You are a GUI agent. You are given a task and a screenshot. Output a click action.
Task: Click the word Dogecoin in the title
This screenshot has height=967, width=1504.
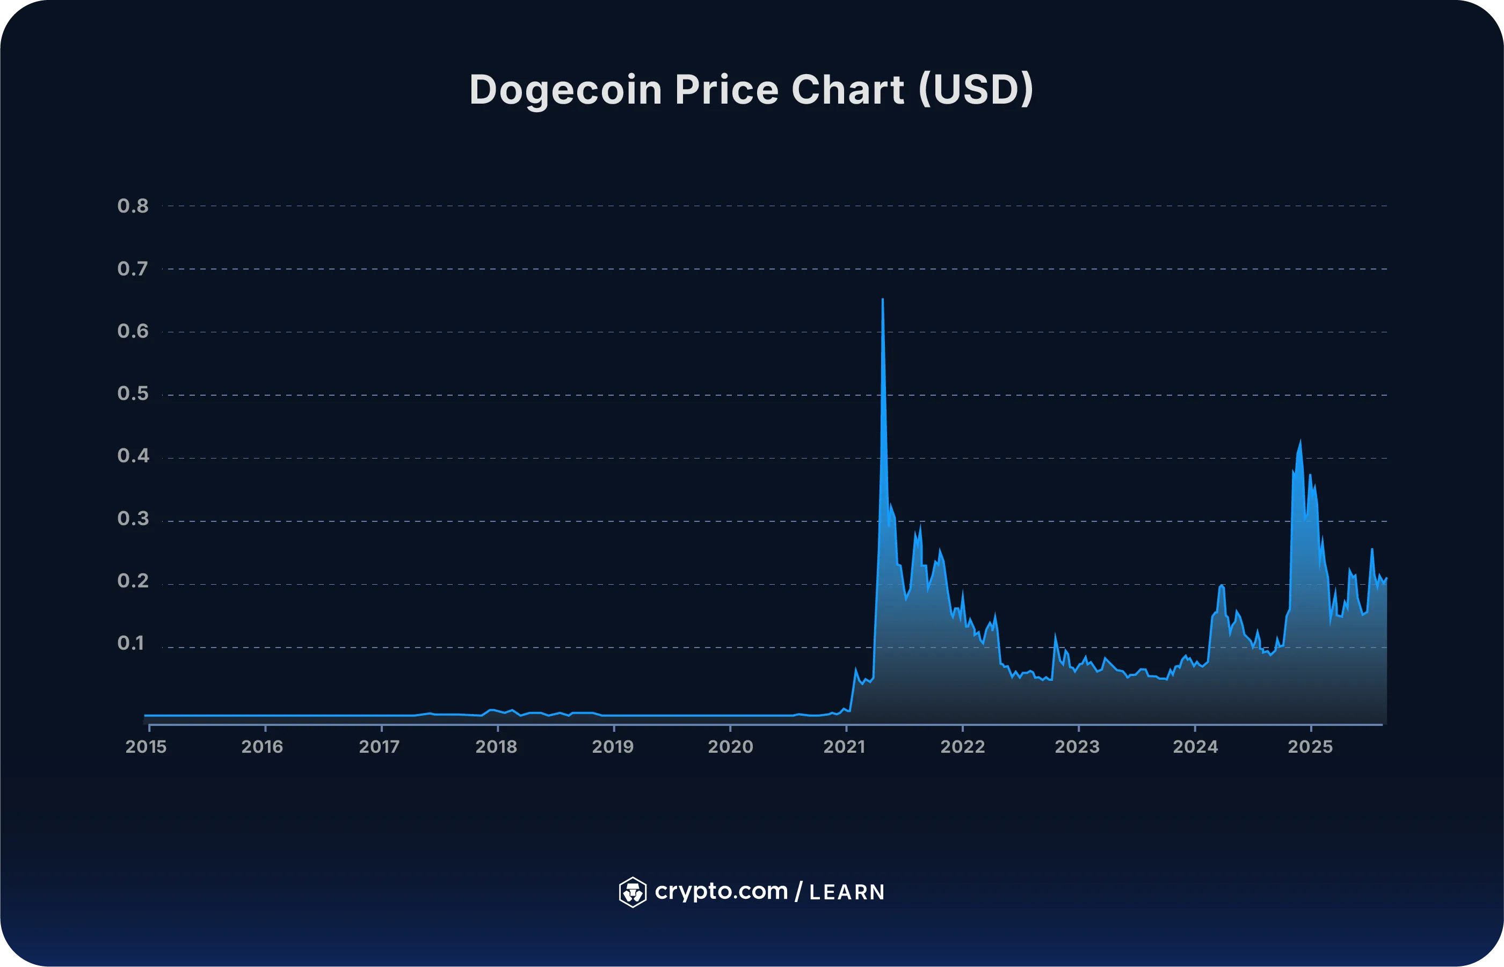pyautogui.click(x=565, y=90)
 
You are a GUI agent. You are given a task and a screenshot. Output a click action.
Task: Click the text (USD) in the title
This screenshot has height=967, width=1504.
pyautogui.click(x=975, y=89)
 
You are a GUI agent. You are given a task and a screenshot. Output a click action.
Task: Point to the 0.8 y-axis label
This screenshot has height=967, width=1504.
pyautogui.click(x=133, y=206)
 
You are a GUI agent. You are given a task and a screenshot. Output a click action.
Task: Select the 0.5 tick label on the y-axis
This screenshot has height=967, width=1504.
pyautogui.click(x=133, y=394)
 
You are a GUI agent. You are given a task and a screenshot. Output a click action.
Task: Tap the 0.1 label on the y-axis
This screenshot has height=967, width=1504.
pyautogui.click(x=131, y=644)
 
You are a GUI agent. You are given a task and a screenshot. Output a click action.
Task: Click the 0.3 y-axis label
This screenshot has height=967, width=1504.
pyautogui.click(x=133, y=519)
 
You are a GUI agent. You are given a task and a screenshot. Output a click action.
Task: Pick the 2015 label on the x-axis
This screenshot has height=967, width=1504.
pyautogui.click(x=146, y=747)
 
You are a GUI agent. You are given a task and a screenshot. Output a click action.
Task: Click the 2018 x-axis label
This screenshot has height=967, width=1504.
pyautogui.click(x=496, y=747)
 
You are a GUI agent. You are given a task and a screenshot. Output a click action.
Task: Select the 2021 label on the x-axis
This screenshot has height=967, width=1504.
pyautogui.click(x=844, y=747)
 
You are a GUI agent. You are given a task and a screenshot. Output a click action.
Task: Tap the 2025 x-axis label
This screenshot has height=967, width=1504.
pyautogui.click(x=1310, y=747)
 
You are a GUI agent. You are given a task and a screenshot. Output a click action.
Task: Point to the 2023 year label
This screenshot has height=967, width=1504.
pyautogui.click(x=1077, y=747)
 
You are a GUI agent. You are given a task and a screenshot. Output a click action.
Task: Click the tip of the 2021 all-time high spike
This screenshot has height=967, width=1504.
pyautogui.click(x=882, y=300)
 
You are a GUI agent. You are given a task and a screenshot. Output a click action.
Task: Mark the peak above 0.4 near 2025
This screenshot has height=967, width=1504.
pyautogui.click(x=1300, y=441)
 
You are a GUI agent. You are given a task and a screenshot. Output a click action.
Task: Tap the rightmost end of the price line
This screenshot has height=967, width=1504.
pyautogui.click(x=1386, y=578)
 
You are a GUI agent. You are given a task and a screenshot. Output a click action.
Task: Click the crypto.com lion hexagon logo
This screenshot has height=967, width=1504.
pyautogui.click(x=633, y=892)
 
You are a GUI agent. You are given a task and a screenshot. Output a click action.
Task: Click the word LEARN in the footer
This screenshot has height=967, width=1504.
pyautogui.click(x=847, y=892)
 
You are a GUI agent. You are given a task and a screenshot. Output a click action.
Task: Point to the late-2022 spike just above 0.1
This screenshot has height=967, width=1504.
pyautogui.click(x=1055, y=636)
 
